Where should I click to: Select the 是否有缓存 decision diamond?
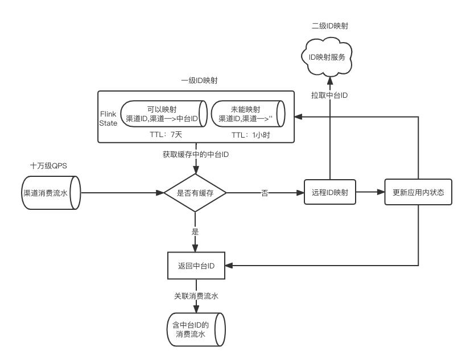[x=195, y=193]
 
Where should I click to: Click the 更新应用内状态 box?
[x=418, y=193]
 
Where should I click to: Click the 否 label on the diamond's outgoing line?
[x=265, y=193]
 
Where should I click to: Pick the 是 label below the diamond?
[x=195, y=231]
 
